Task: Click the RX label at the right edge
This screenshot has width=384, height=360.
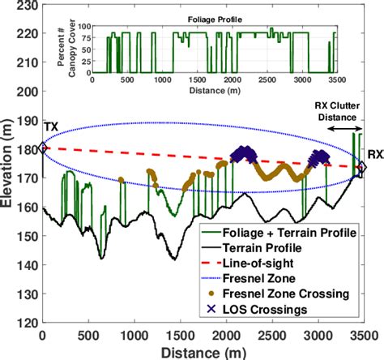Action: [x=374, y=153]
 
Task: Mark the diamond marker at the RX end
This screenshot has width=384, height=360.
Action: [x=362, y=167]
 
